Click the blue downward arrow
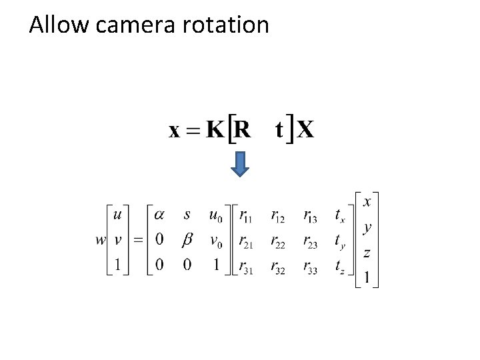point(240,164)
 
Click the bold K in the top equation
point(215,129)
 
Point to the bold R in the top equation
point(243,129)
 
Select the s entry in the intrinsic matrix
point(187,215)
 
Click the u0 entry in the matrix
point(216,216)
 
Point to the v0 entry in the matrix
point(216,241)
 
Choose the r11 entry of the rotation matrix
point(245,216)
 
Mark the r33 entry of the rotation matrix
point(311,267)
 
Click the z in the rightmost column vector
point(367,253)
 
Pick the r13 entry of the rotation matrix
point(310,216)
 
